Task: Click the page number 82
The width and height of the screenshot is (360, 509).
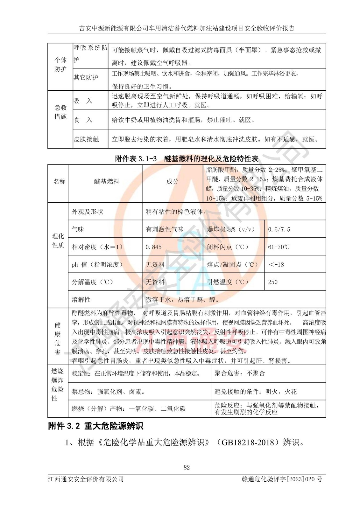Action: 187,467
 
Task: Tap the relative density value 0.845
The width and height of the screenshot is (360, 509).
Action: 153,247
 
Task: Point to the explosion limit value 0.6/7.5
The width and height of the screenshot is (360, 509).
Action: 279,229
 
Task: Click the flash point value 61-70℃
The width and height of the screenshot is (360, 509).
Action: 279,247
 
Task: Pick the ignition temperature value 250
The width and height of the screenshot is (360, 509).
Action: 273,282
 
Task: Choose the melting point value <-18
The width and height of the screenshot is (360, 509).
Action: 276,264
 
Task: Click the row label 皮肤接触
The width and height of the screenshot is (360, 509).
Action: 86,139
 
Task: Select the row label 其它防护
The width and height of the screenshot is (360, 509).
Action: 86,77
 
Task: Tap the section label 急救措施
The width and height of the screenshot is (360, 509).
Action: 60,112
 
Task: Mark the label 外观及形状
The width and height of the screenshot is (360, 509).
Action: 88,212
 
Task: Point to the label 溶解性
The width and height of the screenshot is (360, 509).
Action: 81,299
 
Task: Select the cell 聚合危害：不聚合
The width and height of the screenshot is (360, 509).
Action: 240,373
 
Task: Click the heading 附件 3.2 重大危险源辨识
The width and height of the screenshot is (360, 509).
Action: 95,426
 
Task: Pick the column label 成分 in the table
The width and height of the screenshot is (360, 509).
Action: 172,182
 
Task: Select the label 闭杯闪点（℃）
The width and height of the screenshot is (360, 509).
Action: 228,247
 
